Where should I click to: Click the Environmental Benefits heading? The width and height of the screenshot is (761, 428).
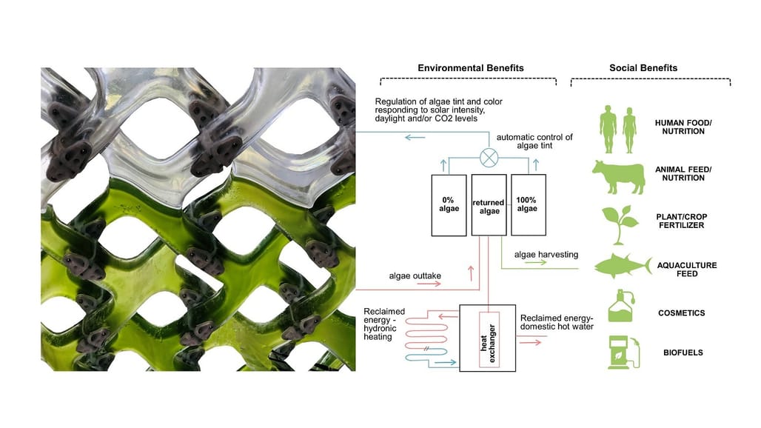coord(470,67)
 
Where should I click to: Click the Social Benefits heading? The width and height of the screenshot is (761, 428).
coord(643,67)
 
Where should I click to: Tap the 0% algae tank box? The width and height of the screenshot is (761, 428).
coord(449,204)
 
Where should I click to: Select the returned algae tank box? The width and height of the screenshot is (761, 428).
coord(488,204)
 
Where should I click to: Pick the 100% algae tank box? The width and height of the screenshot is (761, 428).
coord(528,204)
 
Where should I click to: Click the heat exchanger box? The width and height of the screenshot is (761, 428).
coord(489,338)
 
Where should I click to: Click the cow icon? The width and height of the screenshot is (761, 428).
coord(618,173)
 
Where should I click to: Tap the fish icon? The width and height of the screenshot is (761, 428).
coord(620,264)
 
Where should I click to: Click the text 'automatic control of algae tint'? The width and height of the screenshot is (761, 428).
coord(534,142)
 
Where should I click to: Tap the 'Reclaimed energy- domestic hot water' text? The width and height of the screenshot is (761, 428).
coord(557,322)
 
